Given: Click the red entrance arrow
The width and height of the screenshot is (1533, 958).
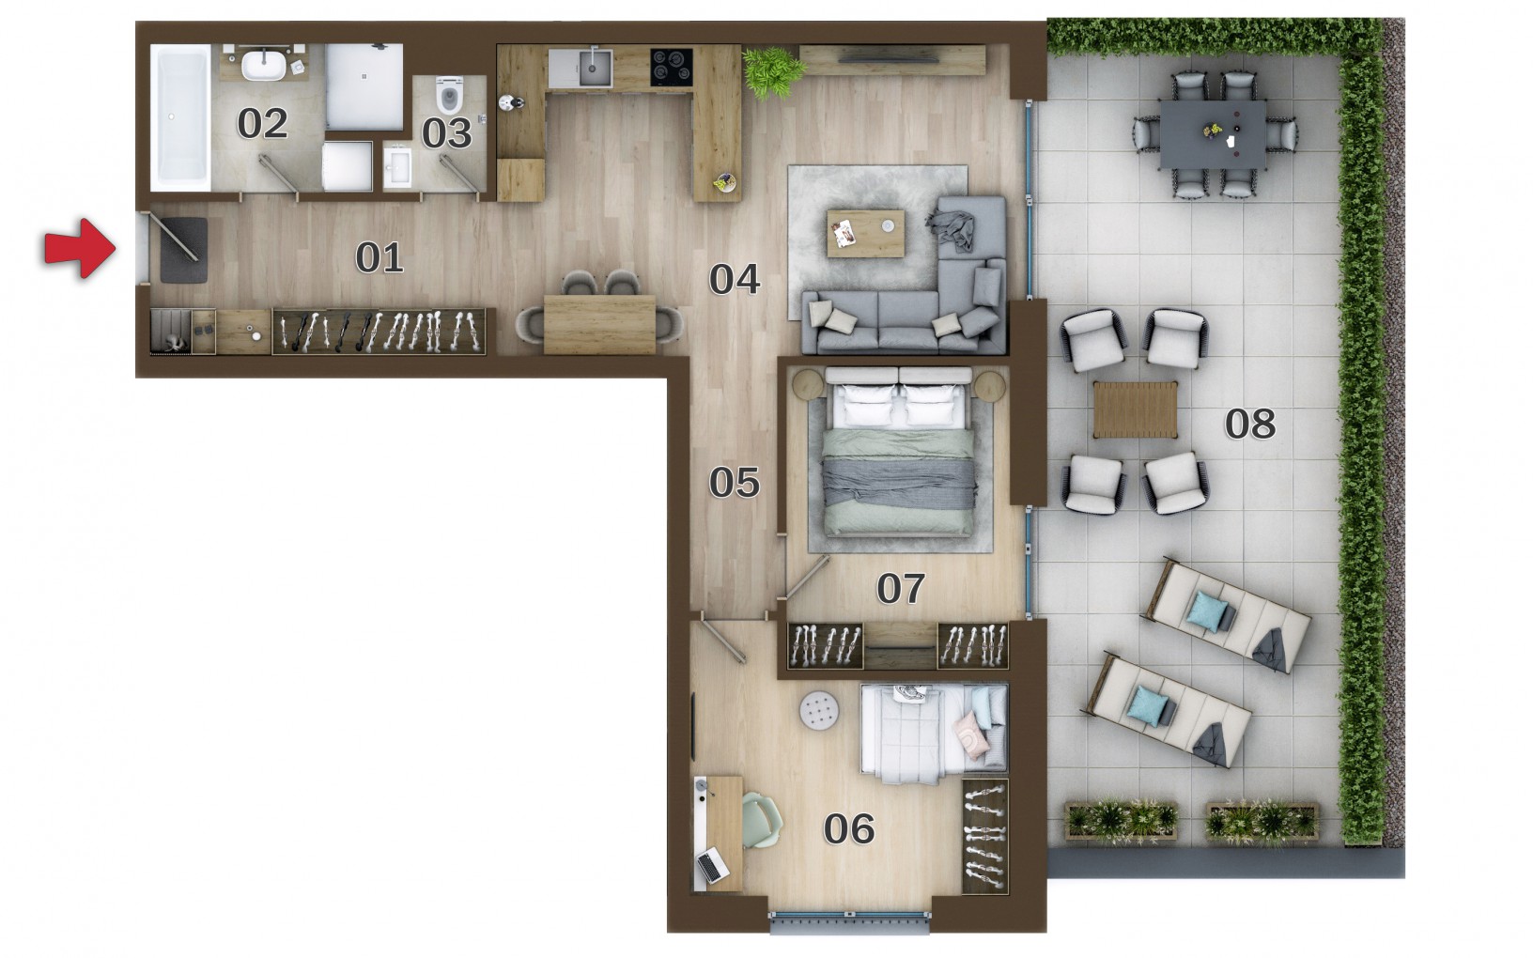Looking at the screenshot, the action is pos(81,248).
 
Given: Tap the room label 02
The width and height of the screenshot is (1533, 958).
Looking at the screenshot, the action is pos(262,124).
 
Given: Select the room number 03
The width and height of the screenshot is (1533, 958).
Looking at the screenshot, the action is pos(446,133).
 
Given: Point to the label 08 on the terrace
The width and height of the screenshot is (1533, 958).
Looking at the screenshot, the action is pos(1249,424).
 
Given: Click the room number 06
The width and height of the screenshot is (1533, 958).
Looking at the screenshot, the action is pos(848,829).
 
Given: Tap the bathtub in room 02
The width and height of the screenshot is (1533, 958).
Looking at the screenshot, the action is pos(180,116).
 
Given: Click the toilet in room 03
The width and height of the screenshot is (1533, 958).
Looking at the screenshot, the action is pos(449,95).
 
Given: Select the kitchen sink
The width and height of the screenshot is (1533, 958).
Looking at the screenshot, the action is pos(595,67).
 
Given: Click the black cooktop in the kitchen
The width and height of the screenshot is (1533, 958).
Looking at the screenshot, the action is pos(672,67).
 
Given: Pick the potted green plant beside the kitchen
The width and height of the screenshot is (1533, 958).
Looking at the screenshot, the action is pos(774,71).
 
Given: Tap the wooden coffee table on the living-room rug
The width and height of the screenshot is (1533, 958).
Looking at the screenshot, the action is pos(865,233).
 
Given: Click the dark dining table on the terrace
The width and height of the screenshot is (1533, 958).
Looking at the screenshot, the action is pos(1212,134).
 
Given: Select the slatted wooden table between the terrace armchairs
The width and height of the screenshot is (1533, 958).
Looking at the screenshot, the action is pos(1136,409).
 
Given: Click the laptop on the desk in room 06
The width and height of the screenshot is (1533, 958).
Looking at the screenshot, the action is pos(712,865).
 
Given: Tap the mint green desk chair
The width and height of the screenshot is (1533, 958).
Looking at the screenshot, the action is pos(761,820).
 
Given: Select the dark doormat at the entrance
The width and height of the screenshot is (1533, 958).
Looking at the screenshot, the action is pos(184,250).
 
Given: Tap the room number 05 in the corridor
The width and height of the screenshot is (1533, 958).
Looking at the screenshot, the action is pos(734,483).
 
